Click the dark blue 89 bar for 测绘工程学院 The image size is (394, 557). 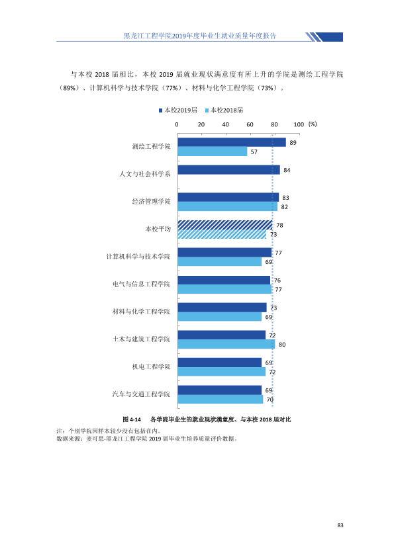coord(232,142)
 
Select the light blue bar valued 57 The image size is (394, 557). coord(213,151)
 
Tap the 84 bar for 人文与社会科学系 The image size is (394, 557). coord(229,170)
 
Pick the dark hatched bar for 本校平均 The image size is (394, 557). coord(225,225)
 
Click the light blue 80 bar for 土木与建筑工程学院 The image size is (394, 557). coord(226,344)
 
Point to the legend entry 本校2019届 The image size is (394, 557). coord(178,110)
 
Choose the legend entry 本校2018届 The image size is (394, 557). coord(224,110)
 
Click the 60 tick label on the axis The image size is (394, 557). coord(250,124)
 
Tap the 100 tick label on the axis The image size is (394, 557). coord(299,124)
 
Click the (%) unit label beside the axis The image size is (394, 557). coord(313,124)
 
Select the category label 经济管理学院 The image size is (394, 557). coord(151,201)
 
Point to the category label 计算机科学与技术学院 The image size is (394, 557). coord(138,257)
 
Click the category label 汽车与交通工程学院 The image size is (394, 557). coord(141,394)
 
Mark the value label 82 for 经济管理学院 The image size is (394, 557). coord(285,207)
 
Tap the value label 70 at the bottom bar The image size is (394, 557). coord(270,400)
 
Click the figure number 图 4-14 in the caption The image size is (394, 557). coord(132,419)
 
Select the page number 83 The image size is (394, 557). coord(340,525)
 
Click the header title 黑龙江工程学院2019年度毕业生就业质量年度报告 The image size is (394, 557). coord(200,36)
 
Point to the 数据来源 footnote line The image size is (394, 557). coord(147,439)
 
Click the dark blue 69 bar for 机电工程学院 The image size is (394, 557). coord(220,363)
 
